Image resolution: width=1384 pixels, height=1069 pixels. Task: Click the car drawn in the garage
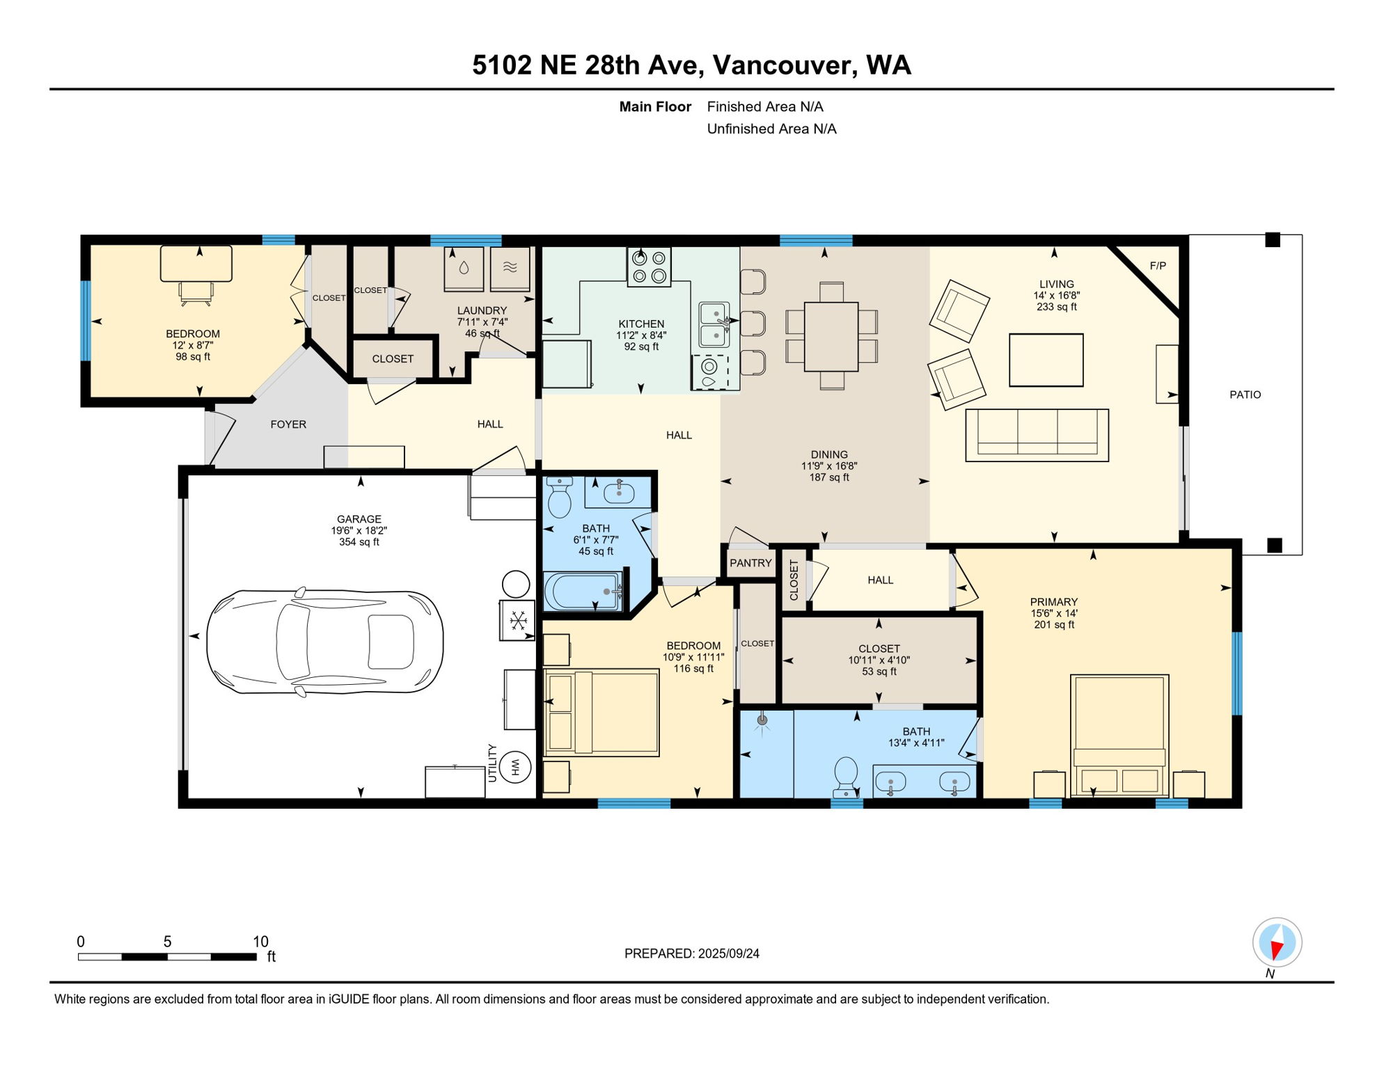(x=324, y=642)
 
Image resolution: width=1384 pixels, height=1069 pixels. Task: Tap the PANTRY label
(x=750, y=563)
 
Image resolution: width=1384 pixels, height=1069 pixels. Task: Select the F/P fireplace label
(x=1158, y=266)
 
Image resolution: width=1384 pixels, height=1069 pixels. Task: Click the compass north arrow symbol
(x=1277, y=942)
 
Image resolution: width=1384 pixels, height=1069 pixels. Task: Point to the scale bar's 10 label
(x=260, y=942)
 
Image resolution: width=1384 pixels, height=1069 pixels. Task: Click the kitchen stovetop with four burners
(x=649, y=267)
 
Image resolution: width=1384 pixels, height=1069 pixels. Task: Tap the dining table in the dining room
(x=831, y=336)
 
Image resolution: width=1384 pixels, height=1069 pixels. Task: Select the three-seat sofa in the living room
(x=1037, y=436)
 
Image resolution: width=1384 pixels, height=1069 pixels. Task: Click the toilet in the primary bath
(x=846, y=776)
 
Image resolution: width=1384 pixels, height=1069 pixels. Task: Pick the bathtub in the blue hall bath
(x=583, y=592)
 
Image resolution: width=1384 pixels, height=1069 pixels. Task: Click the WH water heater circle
(x=516, y=767)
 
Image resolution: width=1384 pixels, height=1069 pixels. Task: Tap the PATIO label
(x=1245, y=395)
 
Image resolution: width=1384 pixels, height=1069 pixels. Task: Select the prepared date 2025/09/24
(x=729, y=953)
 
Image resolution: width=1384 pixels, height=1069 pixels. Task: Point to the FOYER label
(x=288, y=425)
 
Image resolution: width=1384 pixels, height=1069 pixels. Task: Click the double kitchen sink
(x=714, y=324)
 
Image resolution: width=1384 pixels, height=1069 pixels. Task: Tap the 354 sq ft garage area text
(x=359, y=542)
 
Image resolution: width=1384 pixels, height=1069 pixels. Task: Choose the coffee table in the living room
(x=1046, y=361)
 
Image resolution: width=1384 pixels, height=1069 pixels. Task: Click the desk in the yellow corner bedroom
(x=196, y=264)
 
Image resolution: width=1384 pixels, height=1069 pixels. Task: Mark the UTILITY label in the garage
(x=492, y=763)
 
